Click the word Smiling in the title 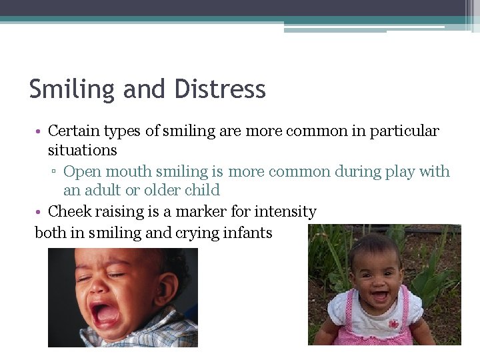coord(71,89)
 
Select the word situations coord(83,150)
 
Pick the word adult coord(102,190)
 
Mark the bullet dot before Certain coord(39,131)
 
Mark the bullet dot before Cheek coord(39,213)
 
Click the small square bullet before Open coord(55,173)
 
